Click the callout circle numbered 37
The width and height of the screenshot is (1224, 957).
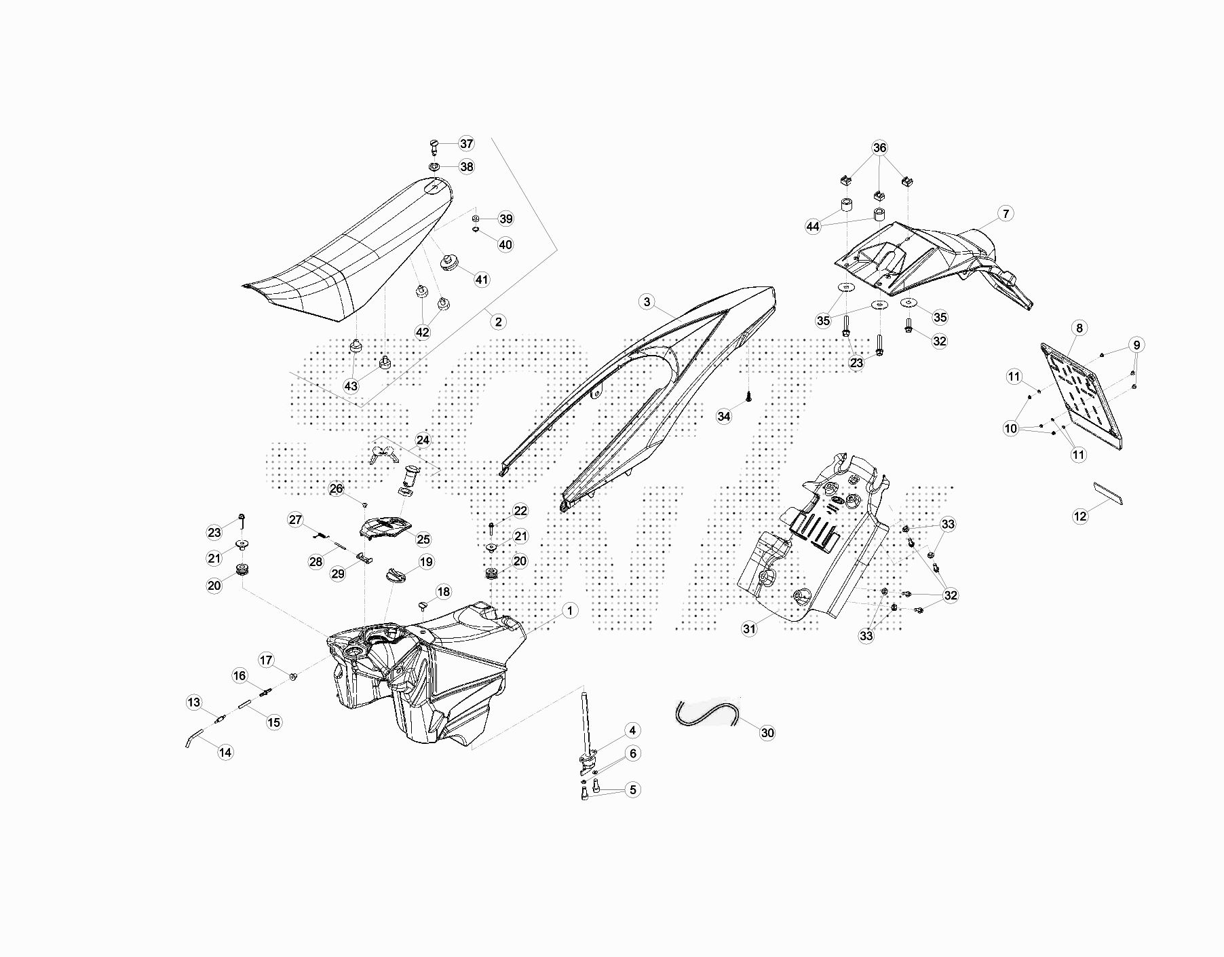point(466,143)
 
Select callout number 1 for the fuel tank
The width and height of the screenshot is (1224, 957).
point(570,611)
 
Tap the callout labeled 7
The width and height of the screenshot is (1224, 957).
point(1006,214)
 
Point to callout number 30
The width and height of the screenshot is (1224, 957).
point(767,732)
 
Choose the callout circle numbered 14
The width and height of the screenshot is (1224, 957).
point(225,752)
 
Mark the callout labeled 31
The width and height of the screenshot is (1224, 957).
point(749,628)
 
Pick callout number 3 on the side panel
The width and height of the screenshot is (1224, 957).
point(647,302)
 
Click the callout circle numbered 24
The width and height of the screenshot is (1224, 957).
point(423,440)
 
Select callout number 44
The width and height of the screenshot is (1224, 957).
point(813,226)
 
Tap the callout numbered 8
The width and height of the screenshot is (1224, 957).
point(1079,328)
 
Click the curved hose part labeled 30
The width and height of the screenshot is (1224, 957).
point(706,713)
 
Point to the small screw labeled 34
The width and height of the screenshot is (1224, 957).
point(748,396)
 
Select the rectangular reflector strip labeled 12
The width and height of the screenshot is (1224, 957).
point(1108,493)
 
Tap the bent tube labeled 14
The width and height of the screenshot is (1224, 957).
point(193,737)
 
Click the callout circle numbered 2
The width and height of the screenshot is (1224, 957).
point(498,321)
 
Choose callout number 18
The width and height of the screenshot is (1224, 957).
point(443,592)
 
